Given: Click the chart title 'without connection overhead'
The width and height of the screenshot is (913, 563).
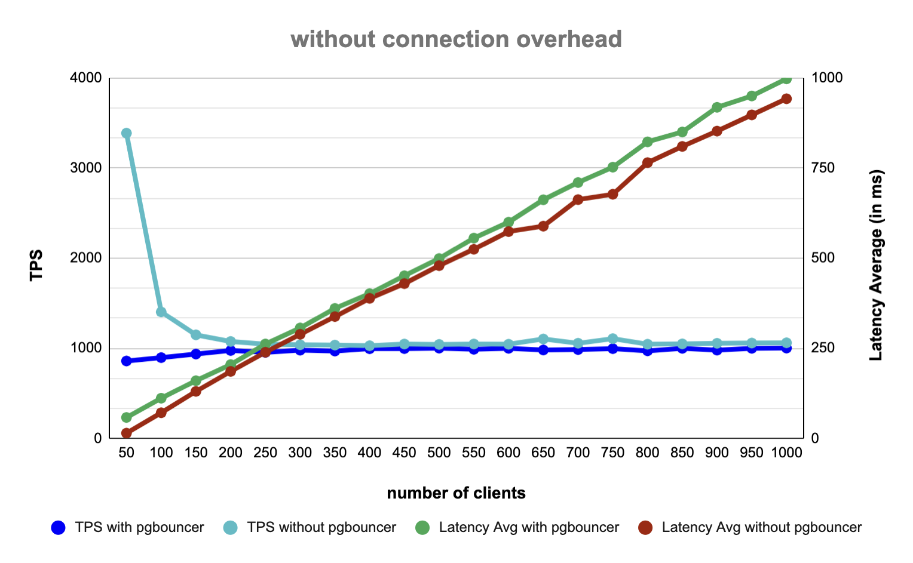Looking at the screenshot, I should click(x=456, y=39).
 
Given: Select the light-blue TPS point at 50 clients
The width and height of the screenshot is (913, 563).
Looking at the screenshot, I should click(x=126, y=133).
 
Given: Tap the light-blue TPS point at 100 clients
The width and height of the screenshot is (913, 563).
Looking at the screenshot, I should click(x=161, y=312).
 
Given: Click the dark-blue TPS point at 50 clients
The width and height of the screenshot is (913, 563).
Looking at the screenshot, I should click(x=126, y=361).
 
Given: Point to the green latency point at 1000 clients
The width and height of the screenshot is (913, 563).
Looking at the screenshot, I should click(x=786, y=79).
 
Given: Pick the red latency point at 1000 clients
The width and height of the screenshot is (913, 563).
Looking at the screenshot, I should click(x=786, y=99).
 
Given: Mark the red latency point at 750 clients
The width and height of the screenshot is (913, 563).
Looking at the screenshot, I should click(x=612, y=194).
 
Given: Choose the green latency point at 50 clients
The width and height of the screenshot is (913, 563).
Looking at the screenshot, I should click(x=126, y=417).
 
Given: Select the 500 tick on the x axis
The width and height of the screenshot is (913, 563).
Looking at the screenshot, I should click(x=439, y=453).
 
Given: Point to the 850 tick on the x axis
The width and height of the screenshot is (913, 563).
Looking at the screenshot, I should click(x=682, y=453).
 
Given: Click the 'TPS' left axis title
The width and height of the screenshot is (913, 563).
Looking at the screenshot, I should click(x=37, y=264).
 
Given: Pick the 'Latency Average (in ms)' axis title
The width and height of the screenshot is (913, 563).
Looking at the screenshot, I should click(x=875, y=264).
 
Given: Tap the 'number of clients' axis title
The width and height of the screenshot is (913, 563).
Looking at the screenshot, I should click(x=456, y=493).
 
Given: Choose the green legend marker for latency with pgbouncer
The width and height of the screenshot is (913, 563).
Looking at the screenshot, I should click(x=422, y=528).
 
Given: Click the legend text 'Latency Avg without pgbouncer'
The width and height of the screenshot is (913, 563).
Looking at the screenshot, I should click(x=762, y=528).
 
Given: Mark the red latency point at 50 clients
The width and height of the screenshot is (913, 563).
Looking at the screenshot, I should click(x=126, y=433).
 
